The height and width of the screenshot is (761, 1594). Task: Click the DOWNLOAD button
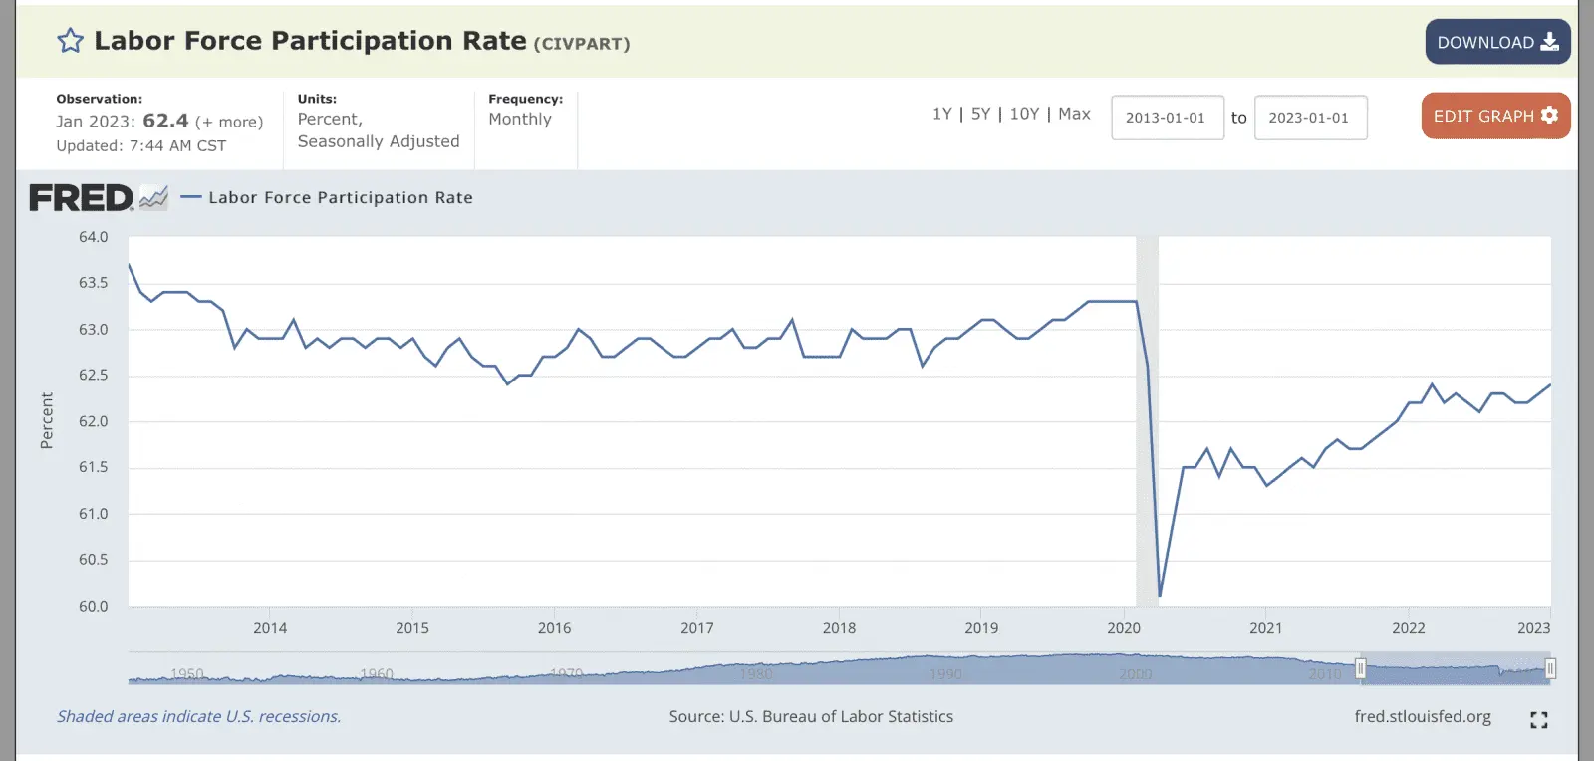click(1496, 42)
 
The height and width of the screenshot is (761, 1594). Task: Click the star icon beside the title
click(70, 41)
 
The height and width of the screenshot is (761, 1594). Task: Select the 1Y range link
click(941, 114)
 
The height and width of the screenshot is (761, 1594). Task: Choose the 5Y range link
click(980, 114)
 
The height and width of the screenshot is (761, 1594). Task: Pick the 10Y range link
click(1024, 114)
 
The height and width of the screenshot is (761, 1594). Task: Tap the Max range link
click(1074, 114)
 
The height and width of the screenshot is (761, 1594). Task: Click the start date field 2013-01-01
click(1167, 118)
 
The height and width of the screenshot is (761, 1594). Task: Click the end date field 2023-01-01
click(1309, 118)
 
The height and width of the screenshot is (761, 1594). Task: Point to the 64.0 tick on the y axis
click(94, 237)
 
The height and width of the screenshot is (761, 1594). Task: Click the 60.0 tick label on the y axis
click(94, 606)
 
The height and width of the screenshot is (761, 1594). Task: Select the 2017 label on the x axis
click(697, 628)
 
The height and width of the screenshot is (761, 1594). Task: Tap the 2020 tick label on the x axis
click(1124, 628)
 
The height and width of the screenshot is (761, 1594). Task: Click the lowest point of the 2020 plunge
click(1160, 596)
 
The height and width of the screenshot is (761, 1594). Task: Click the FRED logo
click(82, 198)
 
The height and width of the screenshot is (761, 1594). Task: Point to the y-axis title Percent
click(47, 420)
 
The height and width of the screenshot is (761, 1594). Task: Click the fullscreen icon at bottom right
click(1538, 720)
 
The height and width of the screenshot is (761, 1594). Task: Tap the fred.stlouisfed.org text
click(1423, 717)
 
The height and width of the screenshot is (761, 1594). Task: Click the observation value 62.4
click(165, 121)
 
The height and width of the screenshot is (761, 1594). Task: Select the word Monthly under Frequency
click(520, 119)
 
